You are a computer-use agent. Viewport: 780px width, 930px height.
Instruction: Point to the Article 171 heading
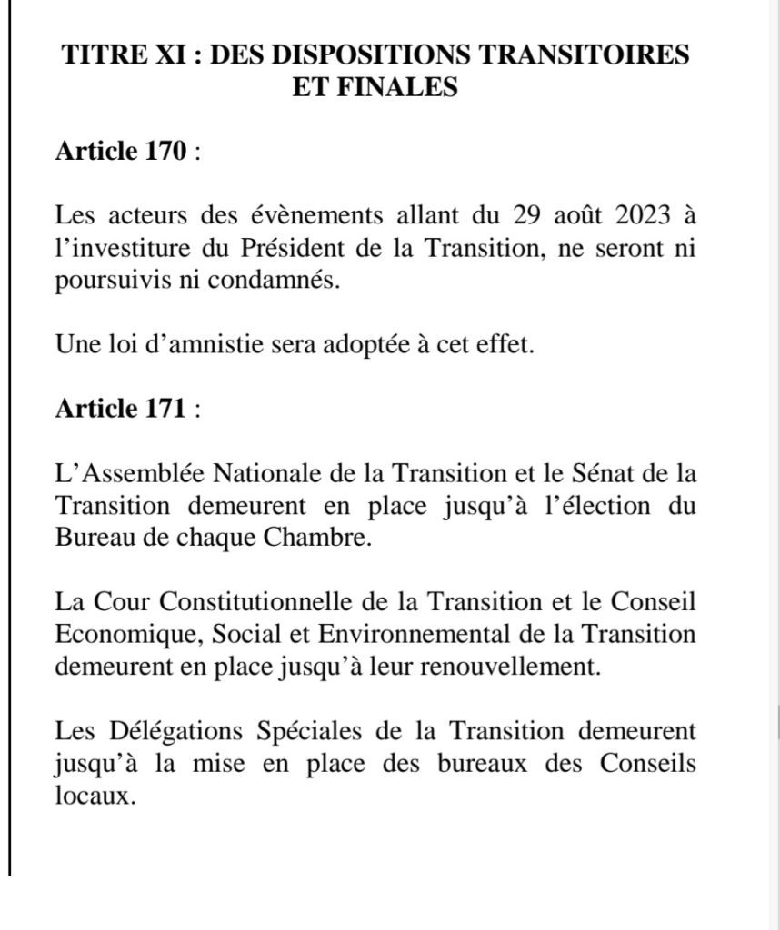[x=120, y=410]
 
